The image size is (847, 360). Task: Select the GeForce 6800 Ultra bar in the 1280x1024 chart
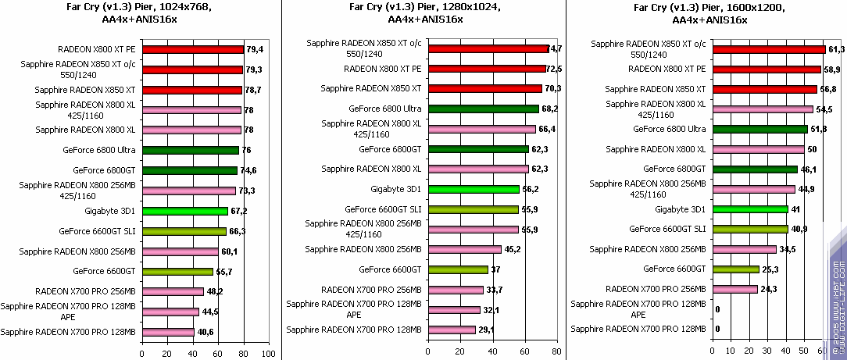click(x=483, y=109)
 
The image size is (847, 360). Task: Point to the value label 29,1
click(x=486, y=330)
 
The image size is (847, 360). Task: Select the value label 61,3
click(x=836, y=49)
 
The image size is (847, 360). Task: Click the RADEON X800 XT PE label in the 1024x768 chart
click(x=97, y=49)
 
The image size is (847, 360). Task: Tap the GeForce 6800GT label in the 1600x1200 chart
click(x=674, y=169)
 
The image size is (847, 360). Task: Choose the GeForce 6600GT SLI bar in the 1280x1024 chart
click(x=473, y=209)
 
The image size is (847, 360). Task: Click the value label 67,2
click(x=238, y=211)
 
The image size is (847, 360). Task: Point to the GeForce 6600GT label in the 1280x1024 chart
click(x=390, y=269)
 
